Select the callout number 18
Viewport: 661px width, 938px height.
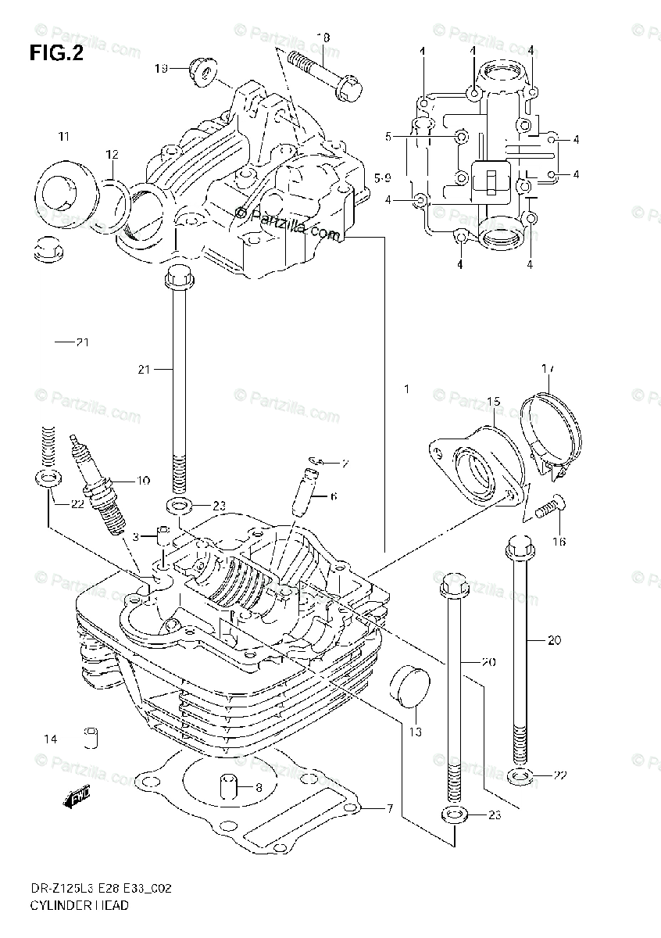[x=323, y=38]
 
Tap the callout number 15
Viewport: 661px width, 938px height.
[x=492, y=402]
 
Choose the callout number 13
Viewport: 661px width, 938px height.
[x=415, y=732]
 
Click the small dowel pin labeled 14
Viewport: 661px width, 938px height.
[x=91, y=738]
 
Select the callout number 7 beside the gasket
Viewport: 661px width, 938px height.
[x=389, y=807]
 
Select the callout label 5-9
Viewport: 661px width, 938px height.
[x=382, y=179]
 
